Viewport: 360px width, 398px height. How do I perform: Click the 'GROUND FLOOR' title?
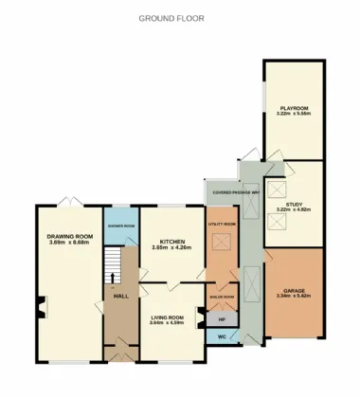pyautogui.click(x=171, y=18)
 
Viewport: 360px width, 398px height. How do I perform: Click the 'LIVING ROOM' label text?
pyautogui.click(x=171, y=317)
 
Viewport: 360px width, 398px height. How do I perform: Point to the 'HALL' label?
pyautogui.click(x=121, y=297)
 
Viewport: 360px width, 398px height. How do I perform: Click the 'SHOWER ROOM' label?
pyautogui.click(x=121, y=226)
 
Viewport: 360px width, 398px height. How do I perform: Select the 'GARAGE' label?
pyautogui.click(x=294, y=290)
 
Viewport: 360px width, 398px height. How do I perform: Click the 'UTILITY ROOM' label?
pyautogui.click(x=222, y=224)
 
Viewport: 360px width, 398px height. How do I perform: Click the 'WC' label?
pyautogui.click(x=222, y=336)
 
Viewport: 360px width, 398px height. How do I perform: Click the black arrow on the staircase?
pyautogui.click(x=112, y=277)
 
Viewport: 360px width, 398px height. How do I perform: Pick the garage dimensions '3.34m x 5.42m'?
pyautogui.click(x=294, y=297)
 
